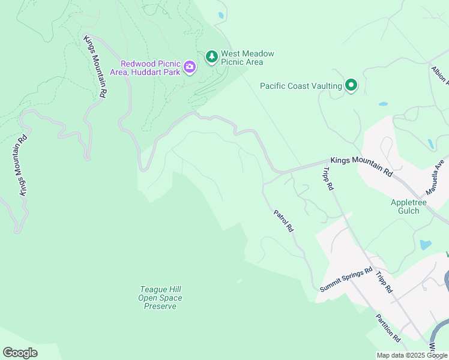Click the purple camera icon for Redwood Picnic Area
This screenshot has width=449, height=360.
(190, 67)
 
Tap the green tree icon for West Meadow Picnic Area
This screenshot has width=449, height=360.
(211, 57)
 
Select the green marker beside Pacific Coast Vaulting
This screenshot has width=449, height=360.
(351, 86)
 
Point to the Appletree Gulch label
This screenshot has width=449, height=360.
(409, 207)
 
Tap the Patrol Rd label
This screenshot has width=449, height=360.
(284, 221)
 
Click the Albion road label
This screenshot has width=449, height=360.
(439, 77)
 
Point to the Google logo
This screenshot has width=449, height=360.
(20, 353)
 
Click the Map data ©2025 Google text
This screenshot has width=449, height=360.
(412, 355)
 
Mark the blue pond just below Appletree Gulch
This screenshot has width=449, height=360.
(425, 245)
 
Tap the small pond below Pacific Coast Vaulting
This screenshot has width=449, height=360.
(383, 104)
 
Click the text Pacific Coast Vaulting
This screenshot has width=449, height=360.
(301, 86)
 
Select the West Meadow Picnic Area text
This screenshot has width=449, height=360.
(247, 58)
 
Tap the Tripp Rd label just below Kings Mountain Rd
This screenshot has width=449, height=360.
(327, 178)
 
